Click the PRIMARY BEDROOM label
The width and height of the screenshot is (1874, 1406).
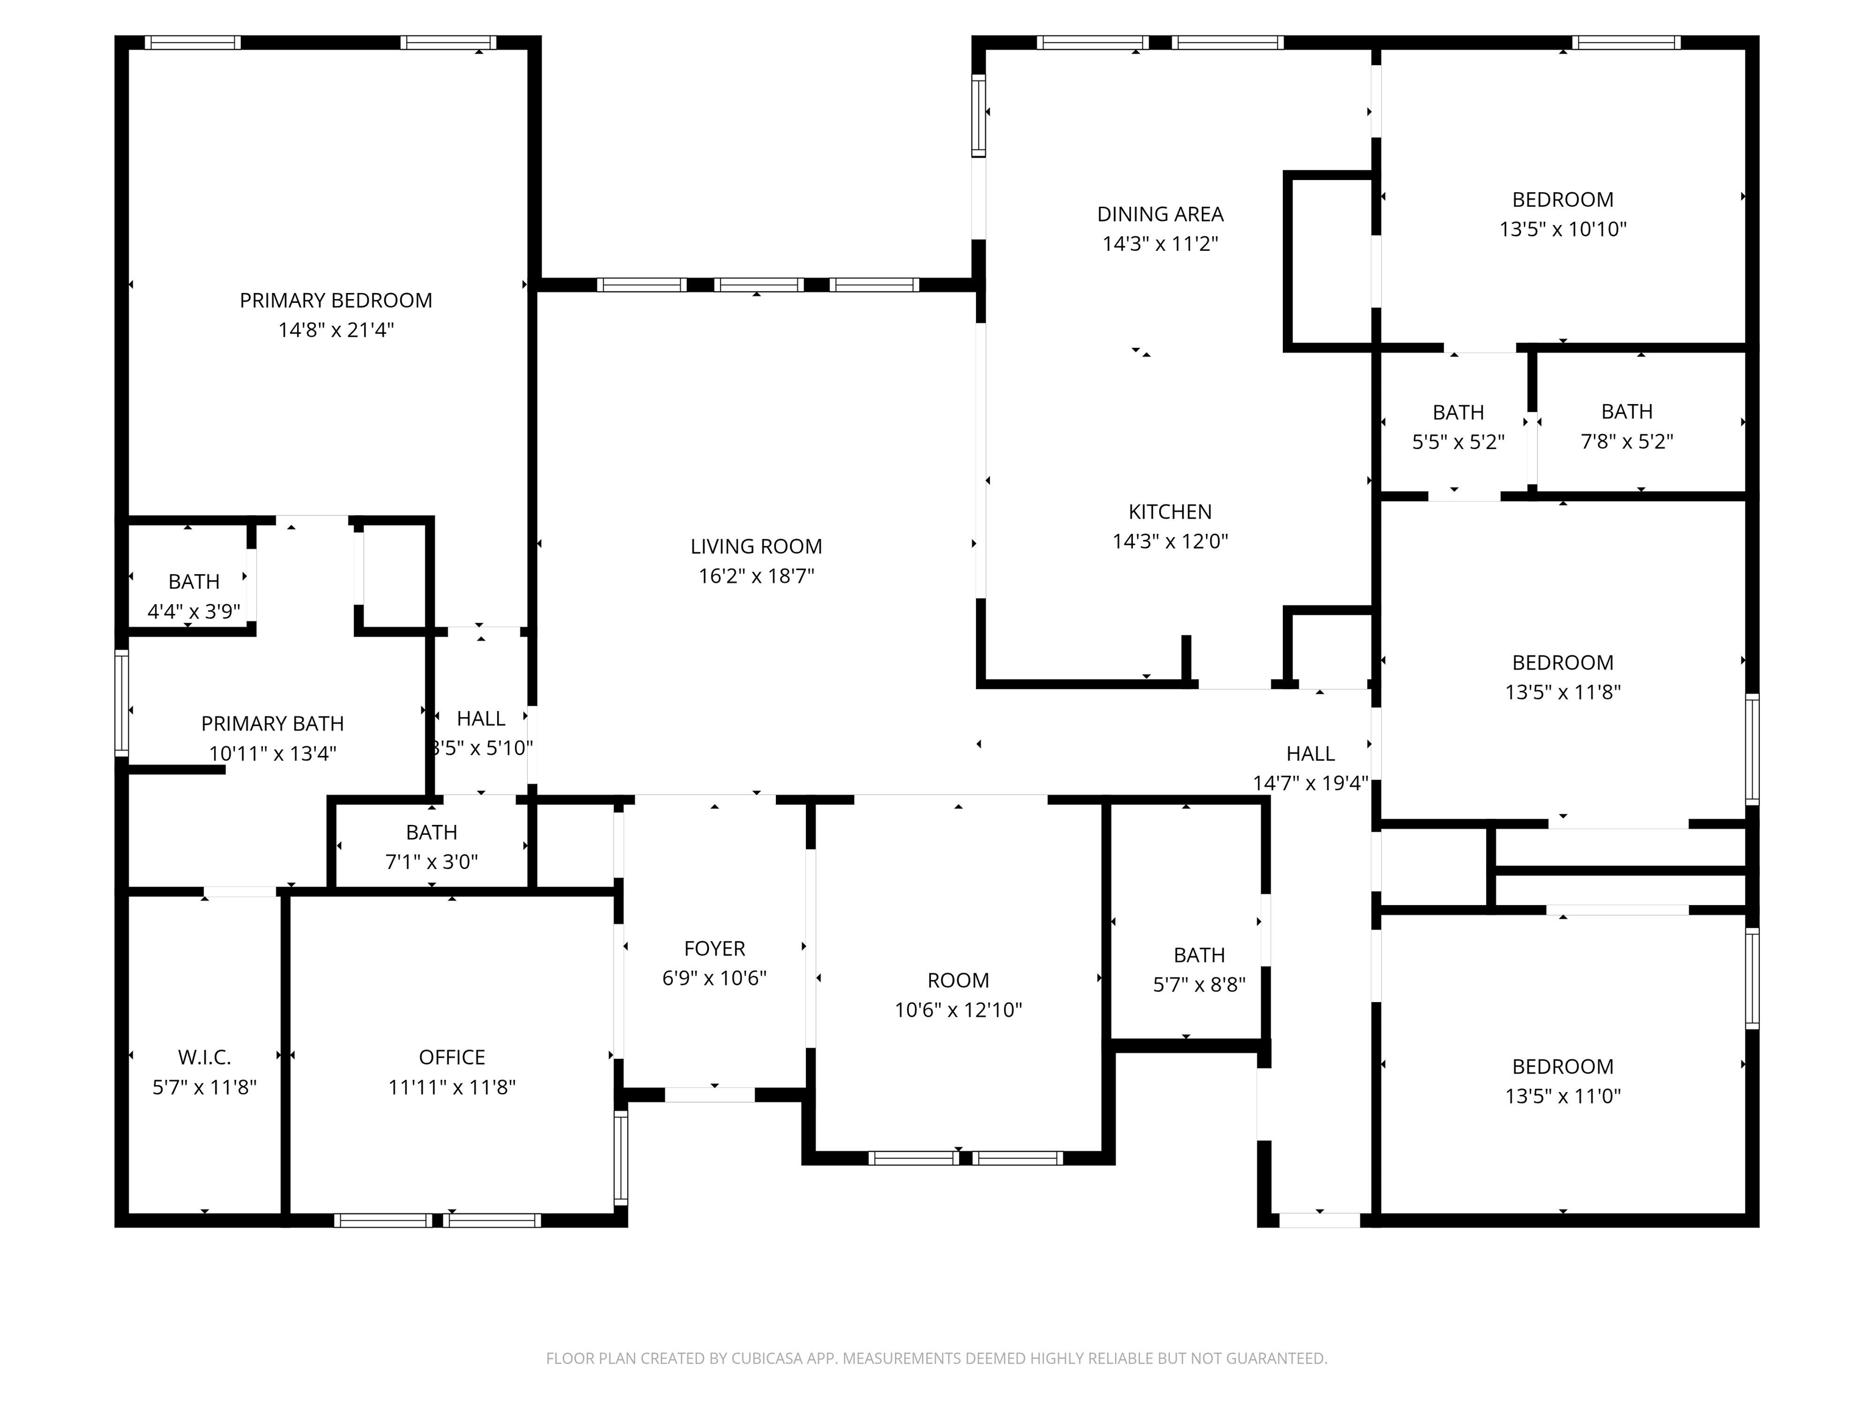(x=336, y=301)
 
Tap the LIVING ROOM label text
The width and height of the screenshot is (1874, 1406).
(x=756, y=547)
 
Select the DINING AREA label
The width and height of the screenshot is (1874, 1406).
(x=1160, y=214)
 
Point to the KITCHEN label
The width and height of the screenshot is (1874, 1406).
(x=1170, y=512)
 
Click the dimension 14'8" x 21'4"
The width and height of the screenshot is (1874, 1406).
(x=336, y=330)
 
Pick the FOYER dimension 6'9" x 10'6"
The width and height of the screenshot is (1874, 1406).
(x=714, y=978)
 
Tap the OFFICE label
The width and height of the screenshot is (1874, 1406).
(x=451, y=1058)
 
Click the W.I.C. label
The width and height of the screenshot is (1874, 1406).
(x=204, y=1058)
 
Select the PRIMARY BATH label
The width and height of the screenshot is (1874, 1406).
(x=272, y=724)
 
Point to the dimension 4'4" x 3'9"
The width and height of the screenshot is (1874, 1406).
(x=194, y=611)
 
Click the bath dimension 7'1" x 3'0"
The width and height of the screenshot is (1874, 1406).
(x=431, y=862)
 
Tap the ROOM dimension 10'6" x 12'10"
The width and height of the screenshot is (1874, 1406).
(x=958, y=1010)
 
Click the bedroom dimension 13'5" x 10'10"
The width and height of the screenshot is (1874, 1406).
(x=1563, y=229)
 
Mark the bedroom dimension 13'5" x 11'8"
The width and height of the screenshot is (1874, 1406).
(x=1563, y=691)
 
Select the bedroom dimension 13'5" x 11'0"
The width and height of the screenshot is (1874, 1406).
(x=1563, y=1096)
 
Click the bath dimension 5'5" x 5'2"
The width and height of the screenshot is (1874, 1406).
(x=1458, y=442)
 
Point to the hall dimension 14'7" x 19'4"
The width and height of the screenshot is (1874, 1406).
(x=1310, y=783)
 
